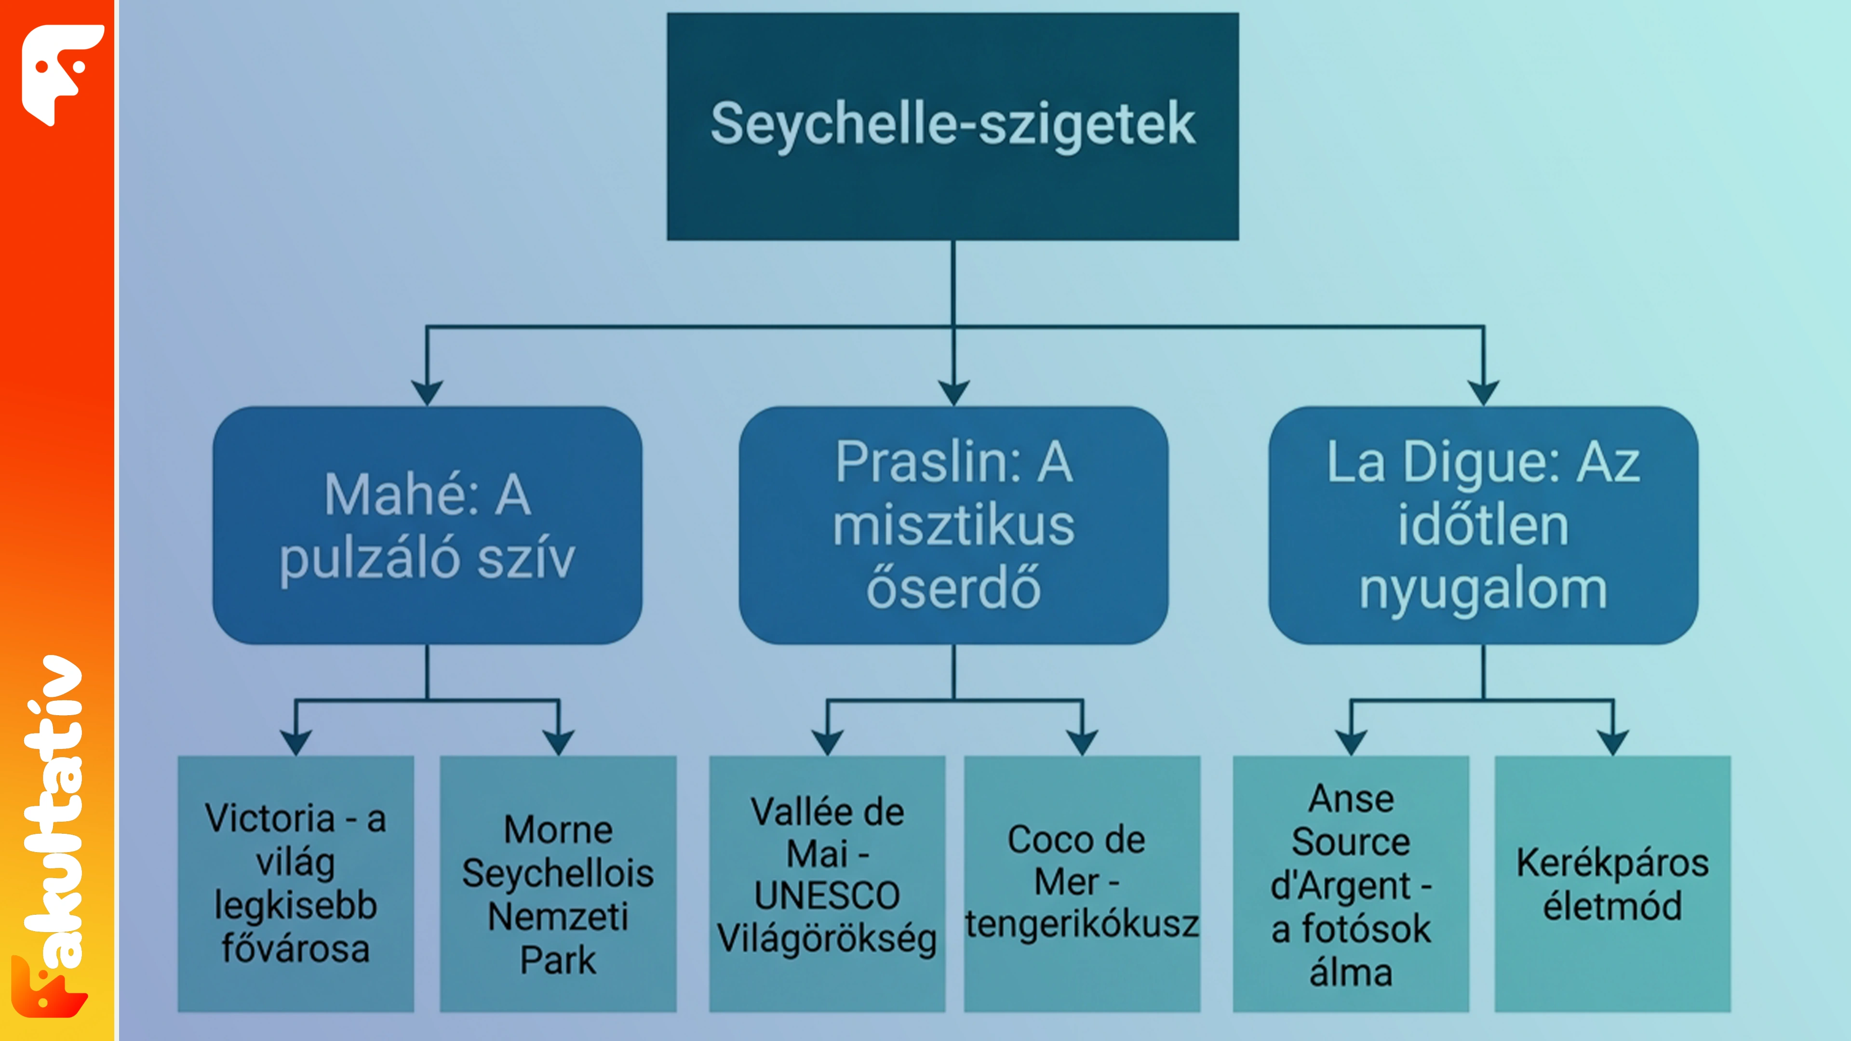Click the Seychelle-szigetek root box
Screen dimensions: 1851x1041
click(x=953, y=126)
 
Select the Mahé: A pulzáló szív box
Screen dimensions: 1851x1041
click(x=428, y=525)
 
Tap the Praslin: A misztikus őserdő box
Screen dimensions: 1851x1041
click(x=953, y=525)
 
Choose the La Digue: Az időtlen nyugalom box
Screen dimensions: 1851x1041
click(x=1483, y=525)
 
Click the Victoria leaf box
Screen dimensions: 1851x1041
click(x=296, y=884)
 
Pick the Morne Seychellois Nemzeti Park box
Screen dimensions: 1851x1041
click(x=558, y=884)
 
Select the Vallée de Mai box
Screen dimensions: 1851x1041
click(x=827, y=884)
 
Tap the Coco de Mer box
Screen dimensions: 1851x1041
click(x=1082, y=884)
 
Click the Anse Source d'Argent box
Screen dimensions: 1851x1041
click(x=1351, y=884)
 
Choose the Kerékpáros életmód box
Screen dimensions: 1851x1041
click(x=1613, y=884)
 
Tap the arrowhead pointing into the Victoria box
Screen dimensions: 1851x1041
click(x=296, y=743)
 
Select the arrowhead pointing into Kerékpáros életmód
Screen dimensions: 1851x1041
click(x=1613, y=743)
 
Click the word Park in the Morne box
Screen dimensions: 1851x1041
click(x=558, y=961)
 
